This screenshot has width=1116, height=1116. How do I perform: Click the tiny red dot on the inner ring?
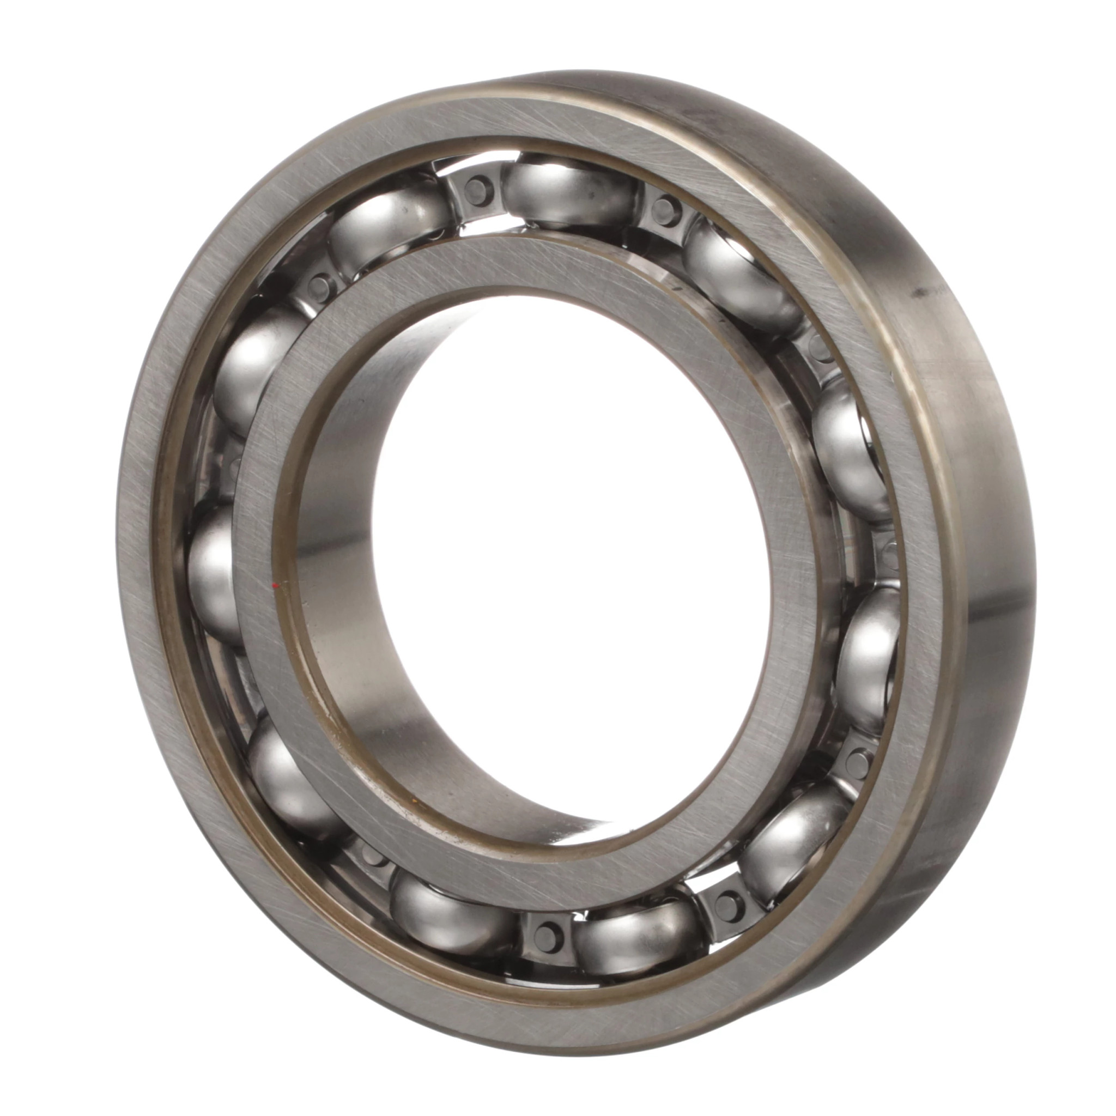point(276,586)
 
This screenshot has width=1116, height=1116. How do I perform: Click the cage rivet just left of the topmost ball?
point(475,186)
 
